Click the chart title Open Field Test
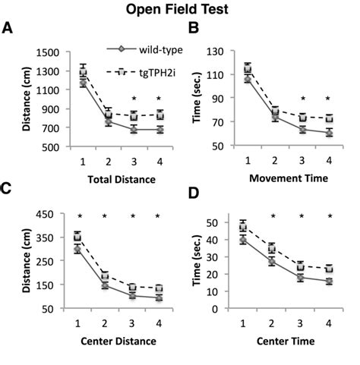(x=180, y=11)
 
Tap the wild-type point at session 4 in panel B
(x=329, y=132)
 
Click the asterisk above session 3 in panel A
(x=134, y=99)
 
